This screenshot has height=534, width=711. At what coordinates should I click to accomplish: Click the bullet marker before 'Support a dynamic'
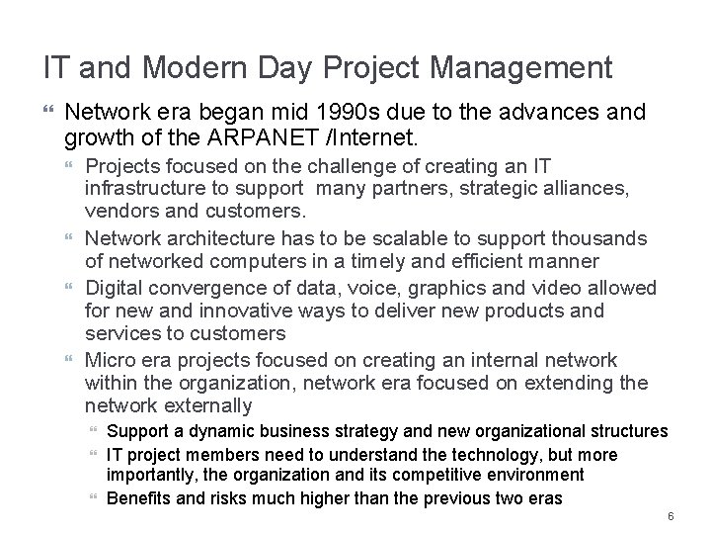(94, 432)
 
